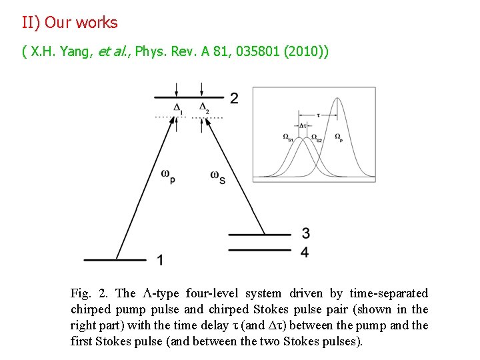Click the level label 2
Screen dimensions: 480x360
[234, 99]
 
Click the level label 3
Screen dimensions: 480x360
[305, 233]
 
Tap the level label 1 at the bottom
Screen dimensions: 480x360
[160, 259]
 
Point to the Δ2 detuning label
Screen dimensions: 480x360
[203, 107]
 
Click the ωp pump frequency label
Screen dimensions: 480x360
[168, 175]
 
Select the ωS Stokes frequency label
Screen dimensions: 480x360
[217, 175]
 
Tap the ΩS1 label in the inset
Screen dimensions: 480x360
[289, 137]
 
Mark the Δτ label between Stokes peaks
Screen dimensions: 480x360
[303, 125]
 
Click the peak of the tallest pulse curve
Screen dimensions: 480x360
[338, 99]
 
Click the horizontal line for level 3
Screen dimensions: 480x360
[259, 235]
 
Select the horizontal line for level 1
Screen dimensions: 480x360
[115, 259]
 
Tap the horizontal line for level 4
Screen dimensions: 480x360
[259, 251]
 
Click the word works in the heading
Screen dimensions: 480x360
[96, 23]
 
